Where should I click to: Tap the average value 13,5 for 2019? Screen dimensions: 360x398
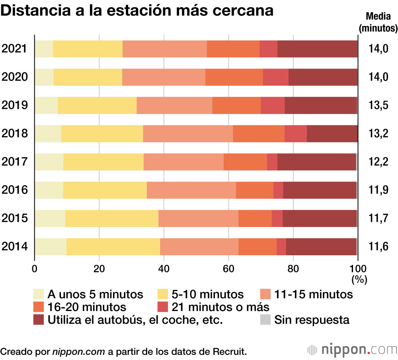pos(378,105)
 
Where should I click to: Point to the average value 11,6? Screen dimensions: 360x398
pos(378,247)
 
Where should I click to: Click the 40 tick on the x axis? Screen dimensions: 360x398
pos(164,268)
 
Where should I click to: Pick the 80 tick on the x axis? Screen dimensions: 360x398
pos(293,268)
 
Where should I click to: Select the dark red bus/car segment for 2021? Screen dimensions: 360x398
pos(317,49)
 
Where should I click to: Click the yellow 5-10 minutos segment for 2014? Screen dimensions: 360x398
pos(113,247)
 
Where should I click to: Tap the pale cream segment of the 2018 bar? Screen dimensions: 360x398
pos(48,133)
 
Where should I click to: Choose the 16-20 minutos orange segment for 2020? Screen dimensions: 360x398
pos(234,77)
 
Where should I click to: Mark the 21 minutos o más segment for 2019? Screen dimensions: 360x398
pos(273,105)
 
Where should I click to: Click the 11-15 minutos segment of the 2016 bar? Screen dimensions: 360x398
pos(191,190)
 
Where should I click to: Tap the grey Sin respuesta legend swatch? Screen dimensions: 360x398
pos(265,319)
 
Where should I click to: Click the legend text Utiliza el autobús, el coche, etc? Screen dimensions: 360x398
pos(135,320)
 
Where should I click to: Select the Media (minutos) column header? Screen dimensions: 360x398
pos(378,22)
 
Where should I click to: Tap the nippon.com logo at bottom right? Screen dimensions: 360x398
pos(352,350)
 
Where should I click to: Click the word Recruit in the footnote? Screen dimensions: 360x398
pos(230,352)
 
